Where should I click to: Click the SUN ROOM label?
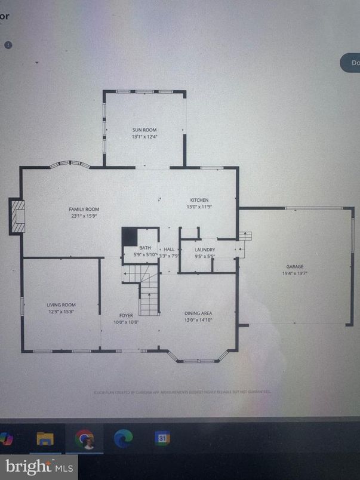point(144,130)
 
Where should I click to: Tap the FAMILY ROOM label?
point(84,210)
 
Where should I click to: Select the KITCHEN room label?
point(199,200)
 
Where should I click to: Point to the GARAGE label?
point(295,266)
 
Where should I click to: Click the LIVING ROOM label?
point(61,304)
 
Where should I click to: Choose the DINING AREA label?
point(199,313)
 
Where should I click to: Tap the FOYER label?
point(126,315)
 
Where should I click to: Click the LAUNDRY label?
point(205,249)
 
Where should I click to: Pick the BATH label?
point(145,248)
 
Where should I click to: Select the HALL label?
point(169,249)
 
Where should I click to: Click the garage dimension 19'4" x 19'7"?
point(295,273)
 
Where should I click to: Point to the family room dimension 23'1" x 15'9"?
point(84,216)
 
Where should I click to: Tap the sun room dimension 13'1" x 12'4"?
point(144,137)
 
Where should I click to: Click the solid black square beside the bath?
point(130,236)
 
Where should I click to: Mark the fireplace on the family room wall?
point(18,216)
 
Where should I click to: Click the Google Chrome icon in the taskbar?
point(84,440)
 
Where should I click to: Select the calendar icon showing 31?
point(161,439)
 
